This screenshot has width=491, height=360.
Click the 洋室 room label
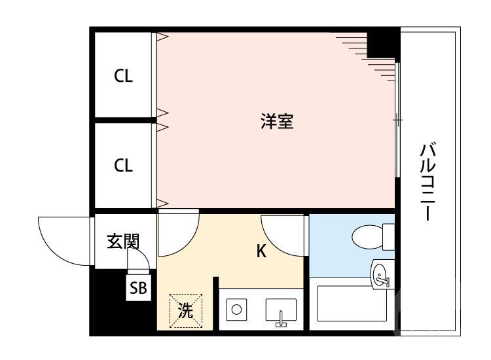(x=276, y=122)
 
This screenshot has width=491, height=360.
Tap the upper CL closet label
(x=123, y=76)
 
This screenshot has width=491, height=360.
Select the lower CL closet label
(x=123, y=166)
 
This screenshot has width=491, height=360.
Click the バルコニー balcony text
(x=428, y=183)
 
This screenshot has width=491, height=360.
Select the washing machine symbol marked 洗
(x=186, y=310)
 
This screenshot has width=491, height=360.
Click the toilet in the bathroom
(x=371, y=236)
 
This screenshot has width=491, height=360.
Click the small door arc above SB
(x=139, y=261)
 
